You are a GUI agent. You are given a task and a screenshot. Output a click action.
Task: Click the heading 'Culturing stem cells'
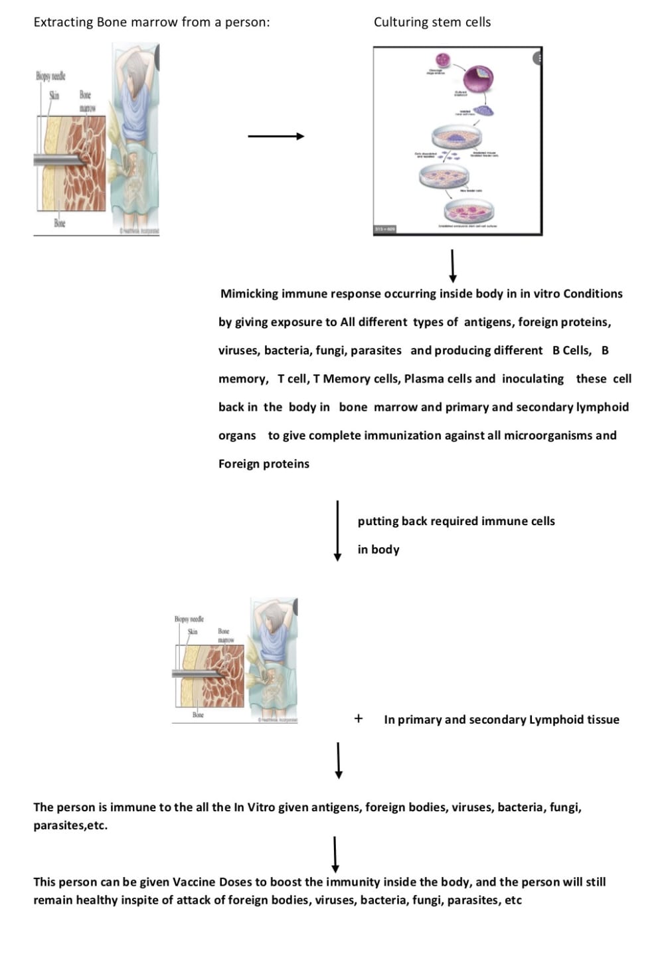pyautogui.click(x=432, y=22)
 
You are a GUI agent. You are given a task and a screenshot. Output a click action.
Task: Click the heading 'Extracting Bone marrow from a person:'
pyautogui.click(x=151, y=22)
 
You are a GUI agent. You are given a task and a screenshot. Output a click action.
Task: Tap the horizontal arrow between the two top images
pyautogui.click(x=276, y=136)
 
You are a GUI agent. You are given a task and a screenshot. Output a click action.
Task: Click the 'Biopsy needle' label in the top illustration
pyautogui.click(x=50, y=76)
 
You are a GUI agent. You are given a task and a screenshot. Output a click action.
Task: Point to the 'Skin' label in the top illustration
pyautogui.click(x=54, y=96)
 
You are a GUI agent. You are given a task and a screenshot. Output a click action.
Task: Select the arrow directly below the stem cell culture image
pyautogui.click(x=453, y=266)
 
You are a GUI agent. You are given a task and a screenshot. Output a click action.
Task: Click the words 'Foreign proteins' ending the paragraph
pyautogui.click(x=264, y=463)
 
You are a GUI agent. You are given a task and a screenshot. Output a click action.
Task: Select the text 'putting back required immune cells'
pyautogui.click(x=456, y=521)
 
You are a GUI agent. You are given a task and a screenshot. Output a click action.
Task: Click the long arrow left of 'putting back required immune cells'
pyautogui.click(x=337, y=530)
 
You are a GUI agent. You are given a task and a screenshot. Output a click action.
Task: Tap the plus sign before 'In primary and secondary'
pyautogui.click(x=359, y=718)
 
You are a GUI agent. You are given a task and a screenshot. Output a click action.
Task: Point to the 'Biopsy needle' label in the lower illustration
pyautogui.click(x=189, y=619)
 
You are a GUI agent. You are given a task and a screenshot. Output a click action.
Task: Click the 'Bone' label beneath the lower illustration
pyautogui.click(x=198, y=715)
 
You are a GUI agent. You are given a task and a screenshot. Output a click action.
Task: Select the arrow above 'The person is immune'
pyautogui.click(x=339, y=760)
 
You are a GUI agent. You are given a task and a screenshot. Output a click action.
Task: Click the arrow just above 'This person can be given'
pyautogui.click(x=335, y=854)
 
